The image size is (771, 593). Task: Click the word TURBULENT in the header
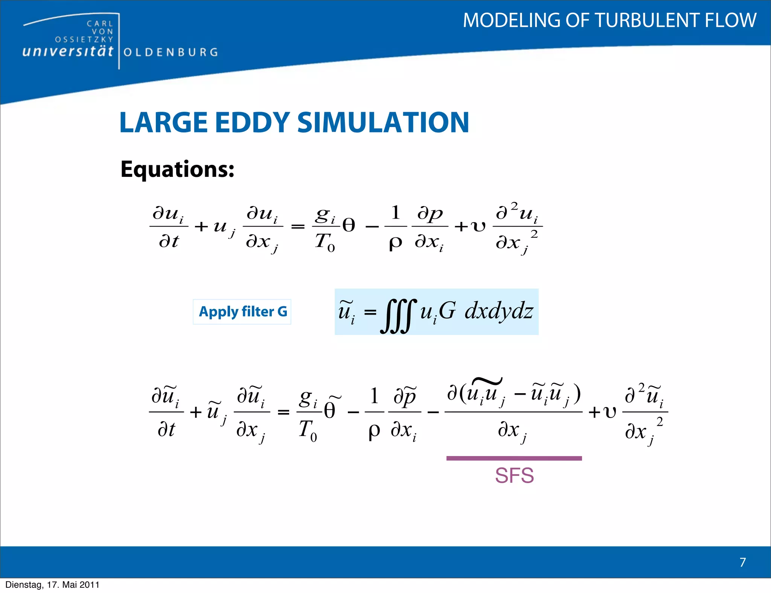[x=648, y=20]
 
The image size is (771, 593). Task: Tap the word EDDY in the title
[x=252, y=123]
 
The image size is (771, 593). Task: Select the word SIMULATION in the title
[x=383, y=123]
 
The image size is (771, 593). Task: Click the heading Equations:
[x=177, y=169]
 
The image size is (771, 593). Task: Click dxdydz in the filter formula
[x=499, y=312]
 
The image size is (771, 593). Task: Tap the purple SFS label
[x=514, y=476]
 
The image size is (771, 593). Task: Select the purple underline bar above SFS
[x=514, y=458]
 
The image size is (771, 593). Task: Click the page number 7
[x=742, y=562]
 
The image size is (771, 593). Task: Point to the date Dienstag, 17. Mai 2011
[x=52, y=585]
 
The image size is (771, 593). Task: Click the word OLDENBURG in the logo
[x=171, y=52]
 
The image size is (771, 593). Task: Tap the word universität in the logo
[x=68, y=51]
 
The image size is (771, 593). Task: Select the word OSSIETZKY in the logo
[x=84, y=40]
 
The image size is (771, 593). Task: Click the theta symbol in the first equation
[x=349, y=226]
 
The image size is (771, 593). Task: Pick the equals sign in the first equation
[x=298, y=227]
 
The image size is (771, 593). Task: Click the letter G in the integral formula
[x=447, y=312]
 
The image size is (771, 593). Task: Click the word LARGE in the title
[x=163, y=123]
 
